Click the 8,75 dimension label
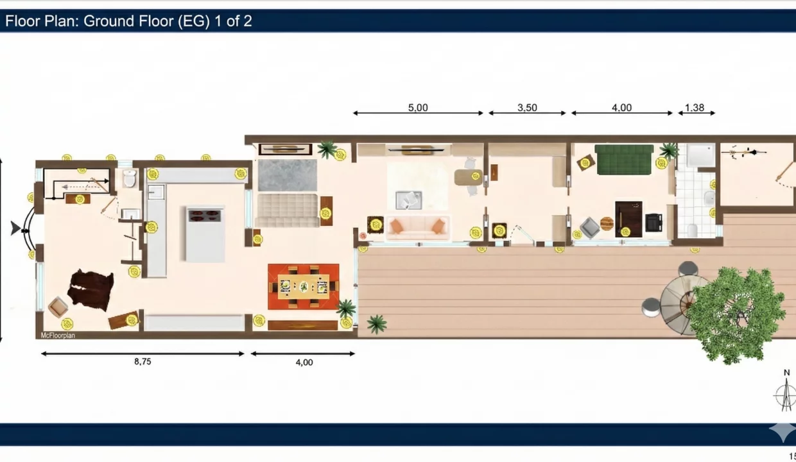coord(143,361)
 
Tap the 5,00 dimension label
coord(418,108)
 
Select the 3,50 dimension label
coord(528,108)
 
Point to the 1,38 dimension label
coord(695,108)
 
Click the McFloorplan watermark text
coord(58,335)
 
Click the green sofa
coord(624,159)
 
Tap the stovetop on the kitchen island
coord(204,215)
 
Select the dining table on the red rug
coord(304,286)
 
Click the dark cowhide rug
coord(91,290)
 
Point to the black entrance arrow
coord(15,228)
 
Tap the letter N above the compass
coord(786,373)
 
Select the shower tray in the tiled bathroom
coord(700,155)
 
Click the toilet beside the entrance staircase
coord(130,178)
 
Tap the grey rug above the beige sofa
coord(288,175)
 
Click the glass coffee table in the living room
coord(409,200)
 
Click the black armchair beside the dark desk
coord(654,223)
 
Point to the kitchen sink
coord(156,193)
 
